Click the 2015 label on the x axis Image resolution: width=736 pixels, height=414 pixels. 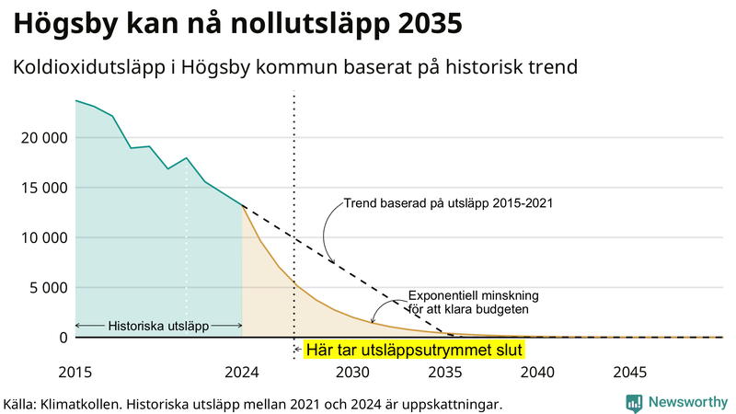[x=75, y=373]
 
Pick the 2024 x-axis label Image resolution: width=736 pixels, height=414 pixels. [x=242, y=373]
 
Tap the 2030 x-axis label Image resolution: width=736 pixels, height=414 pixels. [x=352, y=373]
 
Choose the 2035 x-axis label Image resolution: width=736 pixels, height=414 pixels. [x=445, y=373]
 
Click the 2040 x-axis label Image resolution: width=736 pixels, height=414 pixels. [x=537, y=373]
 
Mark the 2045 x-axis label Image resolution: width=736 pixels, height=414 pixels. [x=630, y=373]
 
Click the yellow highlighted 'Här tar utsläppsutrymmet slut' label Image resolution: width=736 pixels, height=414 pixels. [x=413, y=350]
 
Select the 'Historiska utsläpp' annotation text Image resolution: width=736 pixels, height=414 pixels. [x=158, y=326]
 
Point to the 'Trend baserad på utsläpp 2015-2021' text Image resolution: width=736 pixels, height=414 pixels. [x=448, y=202]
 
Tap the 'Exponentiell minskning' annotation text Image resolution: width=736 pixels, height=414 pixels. [x=473, y=295]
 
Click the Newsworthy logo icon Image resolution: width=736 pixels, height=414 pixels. [x=634, y=402]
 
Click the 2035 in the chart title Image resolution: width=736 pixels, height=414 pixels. [x=427, y=23]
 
